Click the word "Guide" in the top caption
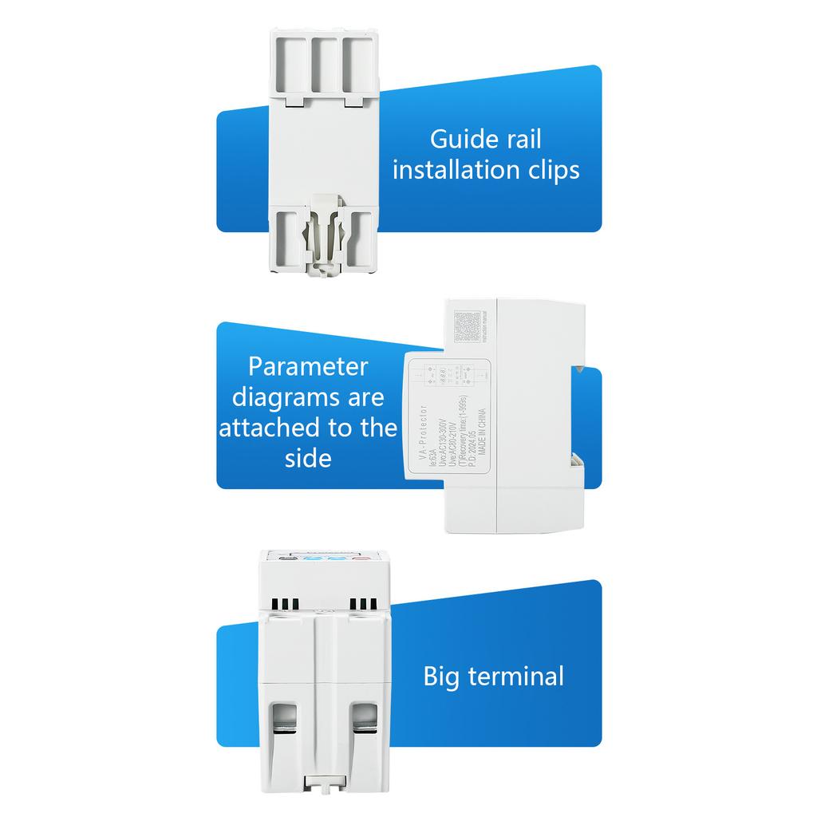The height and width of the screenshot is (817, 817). point(459,140)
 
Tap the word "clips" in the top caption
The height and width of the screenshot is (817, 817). point(551,170)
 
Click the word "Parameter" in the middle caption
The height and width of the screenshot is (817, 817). point(308,366)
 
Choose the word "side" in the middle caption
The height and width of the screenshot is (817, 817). point(308,458)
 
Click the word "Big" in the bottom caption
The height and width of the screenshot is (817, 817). point(441,677)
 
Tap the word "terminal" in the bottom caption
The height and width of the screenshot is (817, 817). point(515,677)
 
